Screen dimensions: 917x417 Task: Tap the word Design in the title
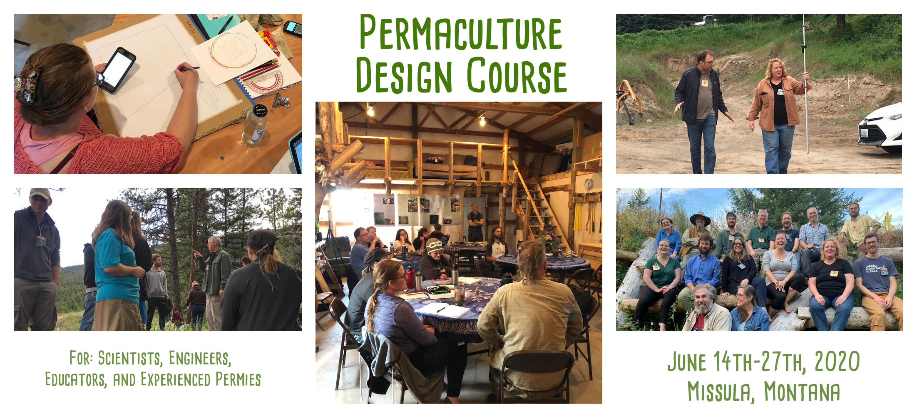coord(404,75)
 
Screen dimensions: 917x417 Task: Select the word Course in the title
coord(517,75)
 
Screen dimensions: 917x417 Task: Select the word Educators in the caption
coord(76,380)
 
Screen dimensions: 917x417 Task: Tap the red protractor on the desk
coord(265,82)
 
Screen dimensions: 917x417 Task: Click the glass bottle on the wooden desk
coord(254,125)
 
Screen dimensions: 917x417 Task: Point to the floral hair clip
coord(27,86)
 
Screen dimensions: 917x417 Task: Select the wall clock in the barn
coord(588,184)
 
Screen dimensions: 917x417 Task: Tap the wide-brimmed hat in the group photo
coord(700,218)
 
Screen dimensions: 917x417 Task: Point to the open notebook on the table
coord(442,310)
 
